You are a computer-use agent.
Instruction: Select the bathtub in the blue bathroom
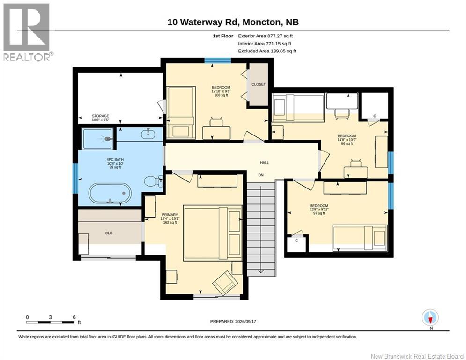tap(110, 194)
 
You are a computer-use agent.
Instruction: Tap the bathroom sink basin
tap(148, 134)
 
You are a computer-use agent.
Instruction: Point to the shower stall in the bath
tap(97, 139)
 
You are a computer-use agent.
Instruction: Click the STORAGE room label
tap(100, 116)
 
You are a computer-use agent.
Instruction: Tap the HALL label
tap(264, 163)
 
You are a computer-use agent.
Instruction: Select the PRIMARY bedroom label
tap(170, 215)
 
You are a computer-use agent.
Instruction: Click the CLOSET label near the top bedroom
tap(259, 84)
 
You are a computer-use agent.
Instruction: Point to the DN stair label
tap(261, 175)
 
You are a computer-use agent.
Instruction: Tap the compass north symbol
tap(430, 318)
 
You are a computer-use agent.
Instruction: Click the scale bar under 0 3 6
tap(50, 322)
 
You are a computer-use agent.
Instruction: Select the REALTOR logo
tap(26, 32)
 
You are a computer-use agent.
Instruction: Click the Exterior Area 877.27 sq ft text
tap(266, 36)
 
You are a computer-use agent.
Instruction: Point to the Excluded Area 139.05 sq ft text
tap(267, 51)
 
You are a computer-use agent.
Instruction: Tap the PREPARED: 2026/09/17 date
tap(233, 321)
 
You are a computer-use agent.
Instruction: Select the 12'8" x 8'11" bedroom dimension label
tap(319, 210)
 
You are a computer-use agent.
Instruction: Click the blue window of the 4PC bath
tap(75, 178)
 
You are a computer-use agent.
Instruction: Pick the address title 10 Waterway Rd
tap(204, 22)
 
